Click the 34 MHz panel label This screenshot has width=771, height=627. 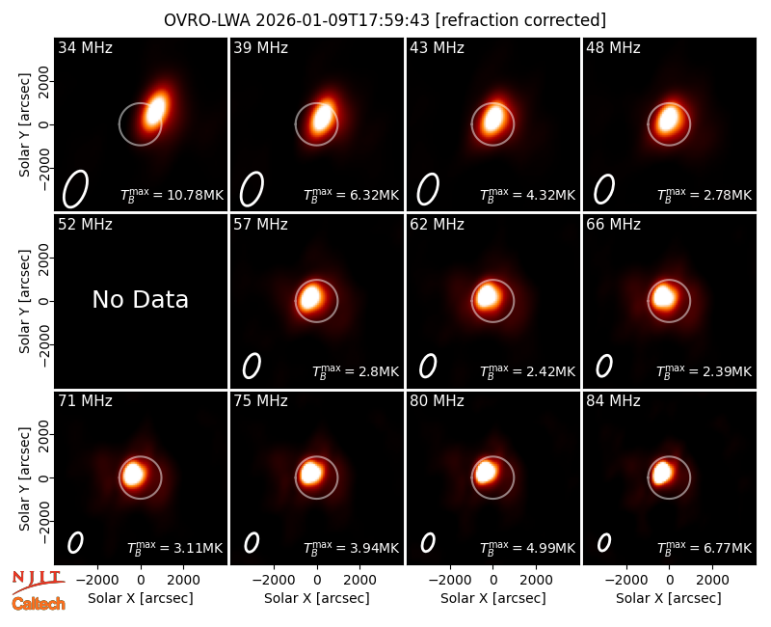click(85, 47)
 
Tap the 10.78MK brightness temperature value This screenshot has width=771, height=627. click(196, 195)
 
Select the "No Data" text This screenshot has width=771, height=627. click(140, 299)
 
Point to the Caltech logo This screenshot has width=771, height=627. click(39, 604)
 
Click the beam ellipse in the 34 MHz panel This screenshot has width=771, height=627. click(75, 189)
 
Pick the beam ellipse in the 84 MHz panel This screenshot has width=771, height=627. click(604, 542)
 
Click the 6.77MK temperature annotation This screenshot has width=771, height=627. click(728, 548)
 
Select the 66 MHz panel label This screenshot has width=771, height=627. click(613, 225)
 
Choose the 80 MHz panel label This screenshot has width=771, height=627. click(437, 401)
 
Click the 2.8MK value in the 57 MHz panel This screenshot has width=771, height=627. click(379, 371)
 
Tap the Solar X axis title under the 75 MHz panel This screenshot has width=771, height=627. click(317, 598)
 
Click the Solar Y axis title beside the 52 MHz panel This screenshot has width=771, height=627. click(25, 301)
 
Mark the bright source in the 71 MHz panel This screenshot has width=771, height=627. click(133, 474)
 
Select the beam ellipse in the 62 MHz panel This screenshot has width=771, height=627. click(428, 367)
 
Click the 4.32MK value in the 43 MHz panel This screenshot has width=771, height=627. click(551, 195)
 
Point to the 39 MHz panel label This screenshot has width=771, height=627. click(260, 47)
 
